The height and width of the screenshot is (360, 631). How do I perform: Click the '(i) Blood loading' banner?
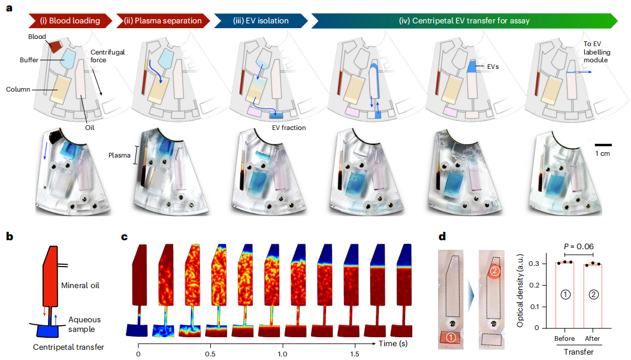[x=70, y=21]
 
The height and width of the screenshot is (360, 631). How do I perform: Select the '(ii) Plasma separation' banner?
[x=164, y=21]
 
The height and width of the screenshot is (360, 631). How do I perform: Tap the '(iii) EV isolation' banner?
[x=261, y=21]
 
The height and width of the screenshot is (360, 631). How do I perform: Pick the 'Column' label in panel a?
[x=18, y=90]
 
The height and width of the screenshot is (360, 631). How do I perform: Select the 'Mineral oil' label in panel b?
[x=79, y=285]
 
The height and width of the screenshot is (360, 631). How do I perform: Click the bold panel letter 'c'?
[x=125, y=236]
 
